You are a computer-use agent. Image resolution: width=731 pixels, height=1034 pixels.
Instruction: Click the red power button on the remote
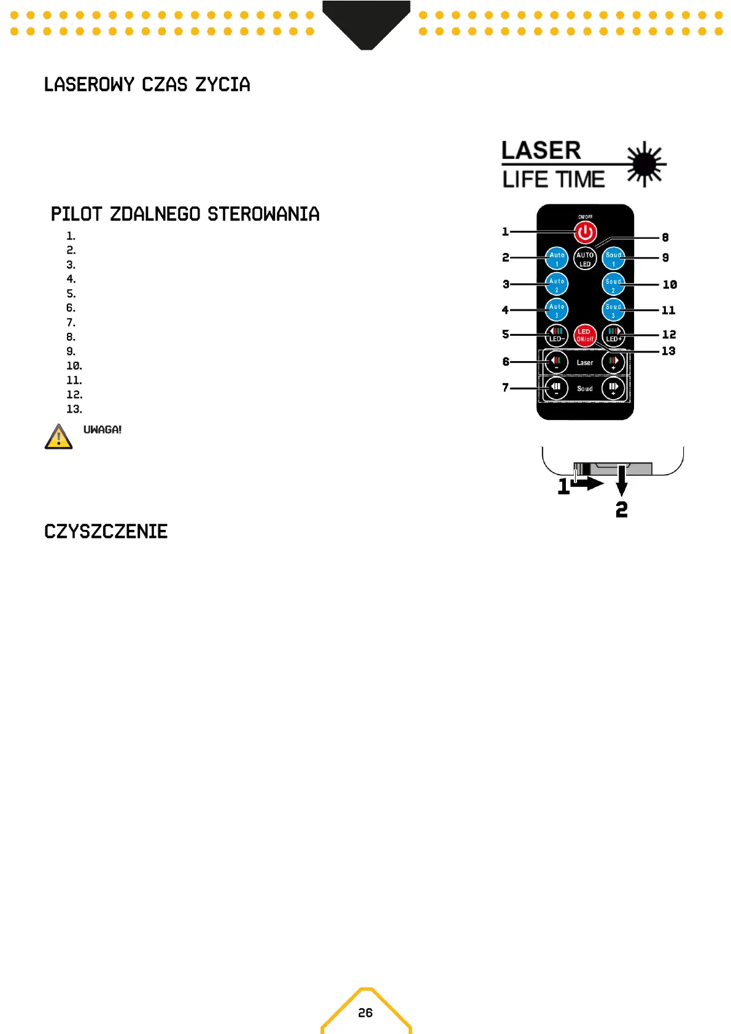(x=585, y=233)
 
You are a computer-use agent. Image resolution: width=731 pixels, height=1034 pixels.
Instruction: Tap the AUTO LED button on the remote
(x=585, y=258)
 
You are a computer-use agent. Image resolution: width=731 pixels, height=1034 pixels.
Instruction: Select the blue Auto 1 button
(x=557, y=258)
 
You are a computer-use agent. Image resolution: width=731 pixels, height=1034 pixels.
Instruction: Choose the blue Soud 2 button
(x=613, y=284)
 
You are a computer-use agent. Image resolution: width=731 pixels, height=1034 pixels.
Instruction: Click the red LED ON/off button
(x=585, y=335)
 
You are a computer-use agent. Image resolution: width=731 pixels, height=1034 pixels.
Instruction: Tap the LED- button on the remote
(x=556, y=335)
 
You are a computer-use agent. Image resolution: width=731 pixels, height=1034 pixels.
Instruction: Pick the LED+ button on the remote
(x=613, y=335)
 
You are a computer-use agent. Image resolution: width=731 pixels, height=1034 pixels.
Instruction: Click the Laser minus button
(x=556, y=362)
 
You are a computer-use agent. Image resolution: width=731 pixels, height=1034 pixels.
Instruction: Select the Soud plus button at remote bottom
(x=613, y=388)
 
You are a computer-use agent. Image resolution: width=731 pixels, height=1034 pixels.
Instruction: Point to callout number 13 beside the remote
(x=668, y=351)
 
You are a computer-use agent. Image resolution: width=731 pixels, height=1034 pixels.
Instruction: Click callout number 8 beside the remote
(x=665, y=238)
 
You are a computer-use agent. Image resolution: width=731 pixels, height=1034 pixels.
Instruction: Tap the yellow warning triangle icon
(x=59, y=437)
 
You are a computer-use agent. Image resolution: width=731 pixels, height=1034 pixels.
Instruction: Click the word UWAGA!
(x=102, y=430)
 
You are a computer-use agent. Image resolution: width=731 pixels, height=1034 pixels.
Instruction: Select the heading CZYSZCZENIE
(x=106, y=532)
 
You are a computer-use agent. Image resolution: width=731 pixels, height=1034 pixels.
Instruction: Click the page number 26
(x=365, y=1013)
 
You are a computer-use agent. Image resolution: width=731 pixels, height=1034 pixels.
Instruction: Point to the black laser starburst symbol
(x=644, y=164)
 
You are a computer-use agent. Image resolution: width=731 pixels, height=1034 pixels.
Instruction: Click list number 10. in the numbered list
(x=74, y=366)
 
